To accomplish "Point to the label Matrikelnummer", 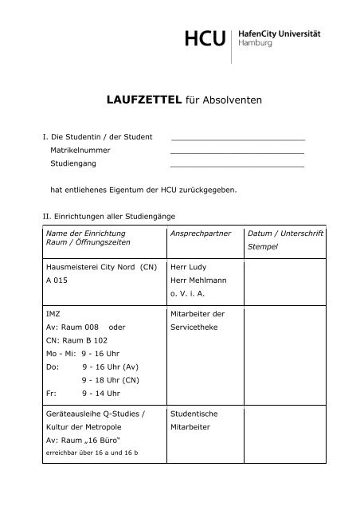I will [80, 150].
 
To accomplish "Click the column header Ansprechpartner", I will [201, 234].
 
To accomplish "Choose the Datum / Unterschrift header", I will [284, 234].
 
